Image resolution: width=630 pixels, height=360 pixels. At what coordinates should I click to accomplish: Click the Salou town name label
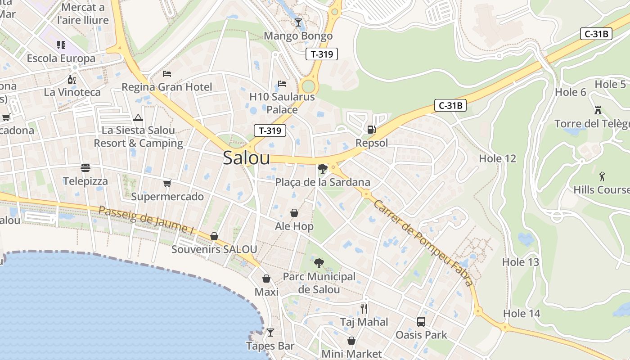pos(247,158)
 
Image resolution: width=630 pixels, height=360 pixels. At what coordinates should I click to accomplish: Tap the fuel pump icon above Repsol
pos(372,130)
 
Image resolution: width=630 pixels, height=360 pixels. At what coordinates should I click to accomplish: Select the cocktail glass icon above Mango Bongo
pos(298,22)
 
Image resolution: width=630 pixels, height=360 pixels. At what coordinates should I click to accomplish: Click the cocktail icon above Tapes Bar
pos(270,333)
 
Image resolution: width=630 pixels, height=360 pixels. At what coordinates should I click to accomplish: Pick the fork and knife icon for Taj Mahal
pos(364,308)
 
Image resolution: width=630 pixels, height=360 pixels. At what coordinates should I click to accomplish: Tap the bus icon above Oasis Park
pos(421,321)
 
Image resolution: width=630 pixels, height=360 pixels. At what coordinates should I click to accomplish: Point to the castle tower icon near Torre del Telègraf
pos(598,110)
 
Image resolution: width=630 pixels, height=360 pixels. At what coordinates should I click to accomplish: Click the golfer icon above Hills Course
pos(602,176)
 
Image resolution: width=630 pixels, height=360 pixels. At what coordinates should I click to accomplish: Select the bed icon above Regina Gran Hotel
pos(167,73)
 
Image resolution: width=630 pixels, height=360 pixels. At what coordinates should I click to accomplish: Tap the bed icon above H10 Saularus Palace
pos(282,83)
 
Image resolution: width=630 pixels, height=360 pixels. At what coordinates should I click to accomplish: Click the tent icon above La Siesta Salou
pos(138,118)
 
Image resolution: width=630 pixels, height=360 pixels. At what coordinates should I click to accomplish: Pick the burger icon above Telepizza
pos(85,168)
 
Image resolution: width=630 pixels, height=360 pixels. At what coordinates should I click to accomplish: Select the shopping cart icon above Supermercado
pos(167,183)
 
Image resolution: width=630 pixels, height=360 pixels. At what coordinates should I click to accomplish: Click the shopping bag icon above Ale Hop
pos(294,212)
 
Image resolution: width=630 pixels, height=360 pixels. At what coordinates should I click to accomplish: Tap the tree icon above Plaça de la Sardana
pos(322,169)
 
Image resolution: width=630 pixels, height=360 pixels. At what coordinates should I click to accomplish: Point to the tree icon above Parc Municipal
pos(319,263)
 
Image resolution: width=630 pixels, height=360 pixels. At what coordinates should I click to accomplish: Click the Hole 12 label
pos(497,158)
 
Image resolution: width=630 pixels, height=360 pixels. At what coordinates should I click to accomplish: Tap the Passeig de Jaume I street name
pos(146,220)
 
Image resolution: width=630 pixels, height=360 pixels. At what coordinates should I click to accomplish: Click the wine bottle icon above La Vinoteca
pos(72,79)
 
